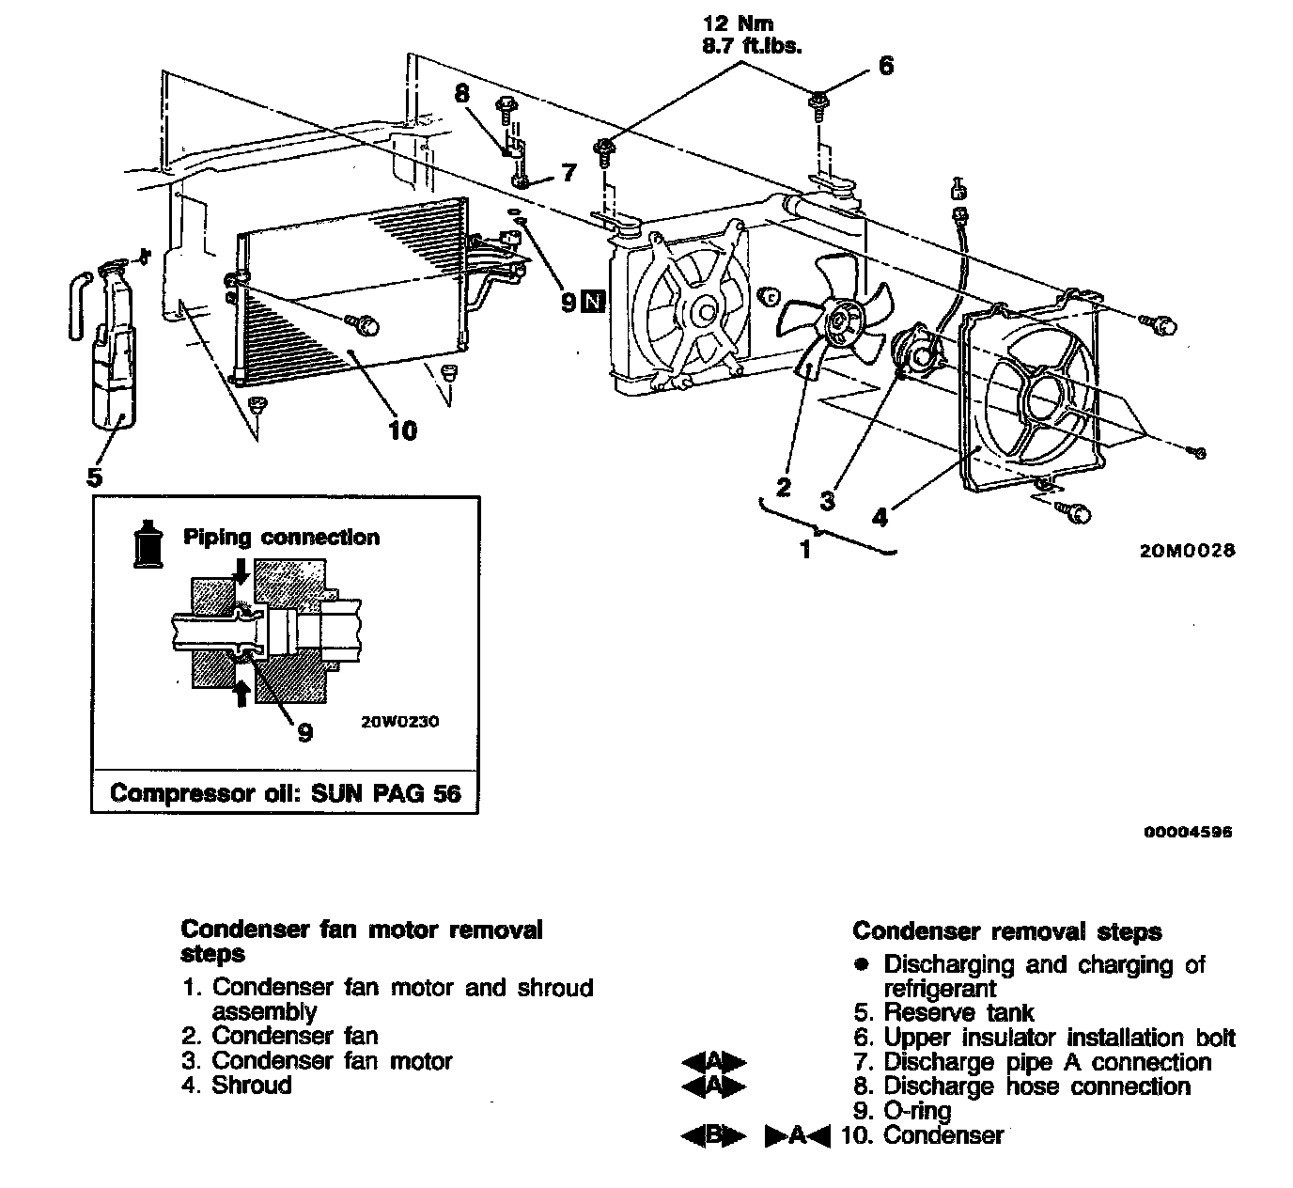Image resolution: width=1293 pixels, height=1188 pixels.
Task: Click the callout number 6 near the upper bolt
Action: (x=885, y=66)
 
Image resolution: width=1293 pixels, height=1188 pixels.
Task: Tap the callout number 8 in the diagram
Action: (x=461, y=93)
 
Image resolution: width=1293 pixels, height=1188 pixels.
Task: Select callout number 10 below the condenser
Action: (x=401, y=430)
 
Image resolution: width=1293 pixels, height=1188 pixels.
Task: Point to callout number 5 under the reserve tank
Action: (x=94, y=477)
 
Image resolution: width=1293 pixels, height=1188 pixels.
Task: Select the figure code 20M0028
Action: (x=1187, y=551)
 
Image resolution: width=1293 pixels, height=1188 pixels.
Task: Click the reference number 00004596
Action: (x=1188, y=832)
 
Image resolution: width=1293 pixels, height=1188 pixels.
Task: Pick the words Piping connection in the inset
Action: (x=281, y=538)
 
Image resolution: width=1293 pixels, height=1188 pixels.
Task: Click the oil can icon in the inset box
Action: (x=147, y=542)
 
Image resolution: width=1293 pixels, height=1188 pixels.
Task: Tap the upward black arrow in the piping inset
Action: (x=241, y=692)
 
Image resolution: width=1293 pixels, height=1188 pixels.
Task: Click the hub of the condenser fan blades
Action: (x=836, y=322)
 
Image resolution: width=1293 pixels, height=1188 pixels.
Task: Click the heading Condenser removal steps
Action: (x=1006, y=932)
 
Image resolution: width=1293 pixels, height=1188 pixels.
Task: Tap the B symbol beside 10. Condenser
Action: (x=712, y=1135)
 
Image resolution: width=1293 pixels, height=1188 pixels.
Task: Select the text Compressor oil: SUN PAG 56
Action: (x=286, y=793)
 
